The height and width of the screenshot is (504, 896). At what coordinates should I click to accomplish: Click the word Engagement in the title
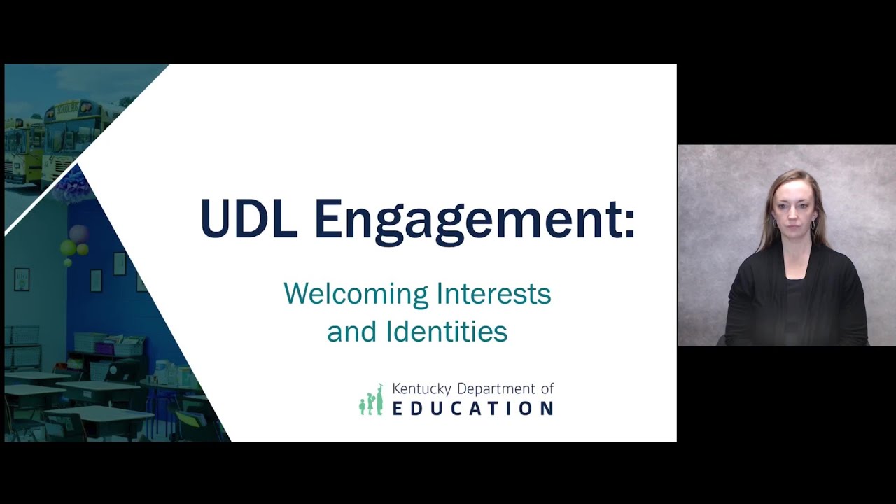click(x=462, y=223)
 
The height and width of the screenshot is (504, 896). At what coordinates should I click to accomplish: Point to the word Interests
click(x=493, y=294)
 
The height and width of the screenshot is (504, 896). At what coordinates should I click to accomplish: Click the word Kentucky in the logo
click(x=422, y=388)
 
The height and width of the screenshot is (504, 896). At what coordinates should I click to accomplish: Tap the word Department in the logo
click(x=498, y=389)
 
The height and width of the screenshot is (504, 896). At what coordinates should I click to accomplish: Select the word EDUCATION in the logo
click(x=472, y=408)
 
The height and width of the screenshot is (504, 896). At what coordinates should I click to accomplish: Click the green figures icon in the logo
click(x=372, y=400)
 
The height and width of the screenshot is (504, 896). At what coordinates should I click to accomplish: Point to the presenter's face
click(x=793, y=209)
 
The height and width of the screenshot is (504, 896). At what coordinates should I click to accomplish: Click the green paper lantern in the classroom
click(x=69, y=248)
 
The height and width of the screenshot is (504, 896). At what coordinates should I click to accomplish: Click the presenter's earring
click(x=813, y=226)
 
